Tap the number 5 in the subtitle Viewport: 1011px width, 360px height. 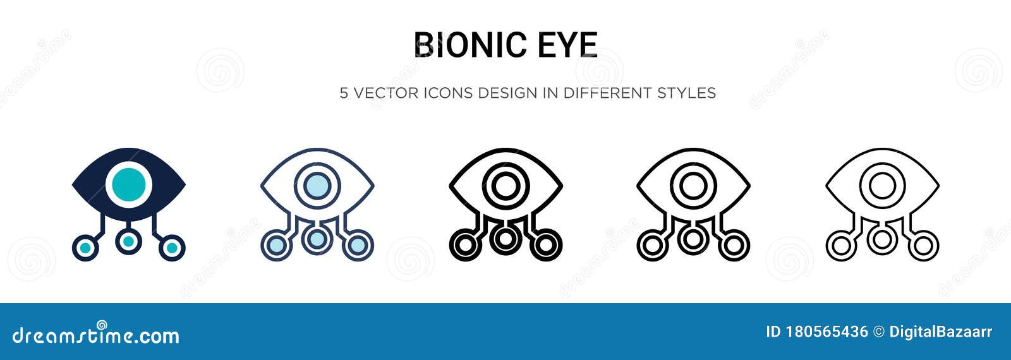tap(344, 93)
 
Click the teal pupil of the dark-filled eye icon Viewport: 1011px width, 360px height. tap(129, 184)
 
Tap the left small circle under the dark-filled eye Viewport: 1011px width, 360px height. tap(85, 247)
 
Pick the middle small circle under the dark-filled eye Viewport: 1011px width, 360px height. tap(128, 240)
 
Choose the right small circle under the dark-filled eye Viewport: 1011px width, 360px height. tap(171, 247)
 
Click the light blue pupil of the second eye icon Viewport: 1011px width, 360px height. tap(317, 185)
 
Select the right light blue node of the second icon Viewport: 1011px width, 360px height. tap(358, 246)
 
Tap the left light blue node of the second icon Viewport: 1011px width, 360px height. tap(275, 246)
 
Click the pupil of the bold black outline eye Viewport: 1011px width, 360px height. tap(505, 185)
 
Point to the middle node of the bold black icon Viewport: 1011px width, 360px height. tap(505, 238)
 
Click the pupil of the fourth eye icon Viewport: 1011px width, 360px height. tap(693, 185)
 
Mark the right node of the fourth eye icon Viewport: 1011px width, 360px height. tap(734, 246)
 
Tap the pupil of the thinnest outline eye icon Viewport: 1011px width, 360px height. tap(881, 185)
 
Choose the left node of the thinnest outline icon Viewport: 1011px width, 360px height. tap(840, 246)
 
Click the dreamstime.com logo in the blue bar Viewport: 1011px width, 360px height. tap(96, 335)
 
